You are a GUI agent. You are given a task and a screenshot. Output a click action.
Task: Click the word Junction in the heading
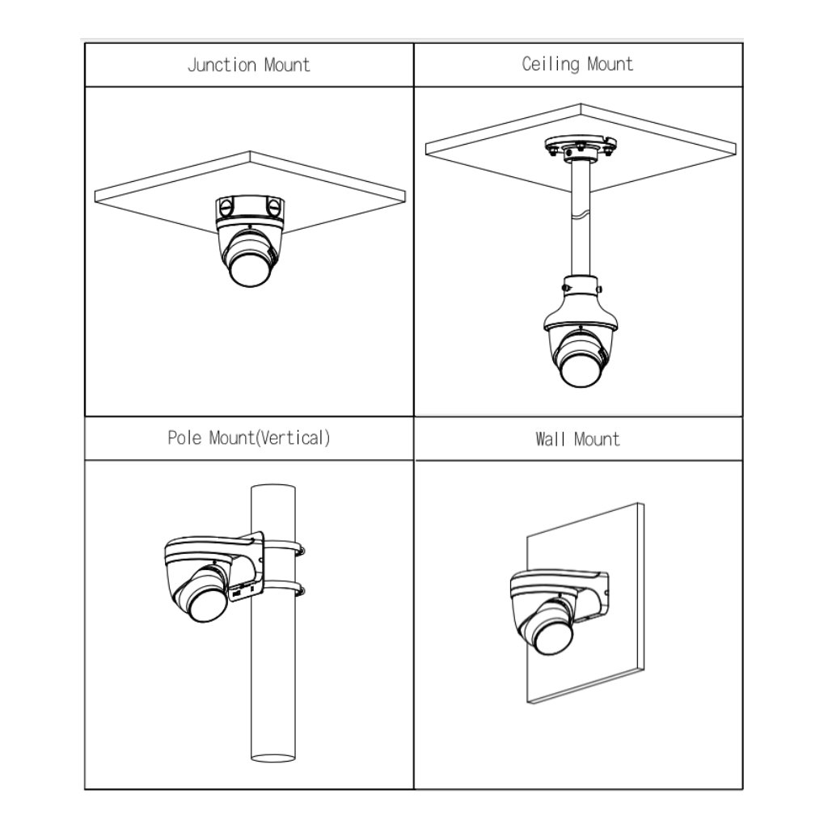[222, 65]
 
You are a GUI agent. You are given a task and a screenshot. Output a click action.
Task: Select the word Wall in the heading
[551, 439]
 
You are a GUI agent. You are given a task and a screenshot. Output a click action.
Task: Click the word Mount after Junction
[287, 65]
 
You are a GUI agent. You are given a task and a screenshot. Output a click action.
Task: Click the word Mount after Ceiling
[610, 65]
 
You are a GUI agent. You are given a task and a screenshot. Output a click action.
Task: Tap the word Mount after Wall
[597, 439]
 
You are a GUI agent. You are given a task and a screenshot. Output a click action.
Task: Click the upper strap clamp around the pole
[283, 546]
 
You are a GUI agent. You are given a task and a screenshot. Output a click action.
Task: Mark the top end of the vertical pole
[273, 488]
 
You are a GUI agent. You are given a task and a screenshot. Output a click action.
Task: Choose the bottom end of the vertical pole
[273, 758]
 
